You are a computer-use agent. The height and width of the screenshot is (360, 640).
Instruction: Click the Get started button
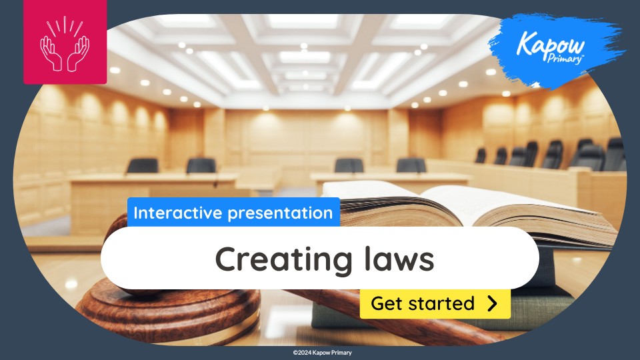435,304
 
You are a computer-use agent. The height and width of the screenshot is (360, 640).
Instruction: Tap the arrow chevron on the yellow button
492,304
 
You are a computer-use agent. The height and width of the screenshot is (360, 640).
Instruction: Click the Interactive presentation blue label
233,213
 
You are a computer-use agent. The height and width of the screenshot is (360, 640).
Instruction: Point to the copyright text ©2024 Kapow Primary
322,353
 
